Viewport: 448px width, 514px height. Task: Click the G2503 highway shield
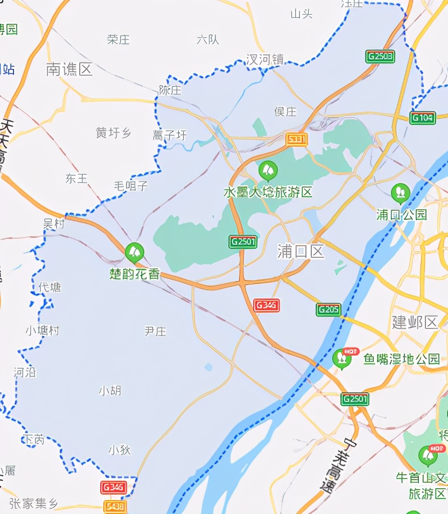click(380, 56)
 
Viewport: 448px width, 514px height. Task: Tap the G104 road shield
click(423, 118)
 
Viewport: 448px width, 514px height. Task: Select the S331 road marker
click(296, 140)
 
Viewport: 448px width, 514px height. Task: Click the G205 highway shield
click(328, 309)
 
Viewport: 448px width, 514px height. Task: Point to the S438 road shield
click(115, 506)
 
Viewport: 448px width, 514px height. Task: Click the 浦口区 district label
click(301, 251)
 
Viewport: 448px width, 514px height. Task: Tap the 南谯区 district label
click(69, 69)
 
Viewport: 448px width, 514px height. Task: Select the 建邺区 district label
click(415, 322)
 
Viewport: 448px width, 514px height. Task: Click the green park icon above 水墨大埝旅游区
click(268, 171)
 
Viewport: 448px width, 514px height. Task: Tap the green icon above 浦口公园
click(400, 192)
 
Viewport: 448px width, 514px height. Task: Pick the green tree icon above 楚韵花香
click(134, 252)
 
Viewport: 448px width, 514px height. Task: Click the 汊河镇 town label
click(265, 60)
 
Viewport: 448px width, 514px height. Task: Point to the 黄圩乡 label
click(114, 133)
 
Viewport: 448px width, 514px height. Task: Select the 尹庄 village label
click(155, 331)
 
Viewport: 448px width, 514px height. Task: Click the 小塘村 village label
click(43, 330)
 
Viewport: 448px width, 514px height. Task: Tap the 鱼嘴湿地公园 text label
click(402, 359)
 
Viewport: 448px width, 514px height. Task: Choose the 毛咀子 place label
click(130, 186)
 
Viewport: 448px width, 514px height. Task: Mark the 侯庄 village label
click(285, 112)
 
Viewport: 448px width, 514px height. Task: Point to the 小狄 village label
click(120, 449)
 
